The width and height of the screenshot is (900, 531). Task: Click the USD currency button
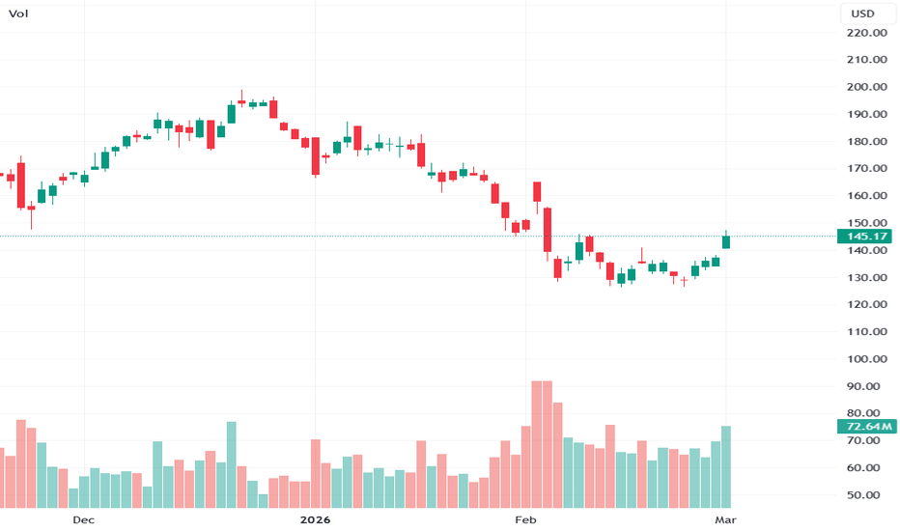pos(861,14)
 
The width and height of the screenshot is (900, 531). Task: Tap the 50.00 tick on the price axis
pos(868,495)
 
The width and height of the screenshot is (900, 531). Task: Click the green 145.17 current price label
pos(865,237)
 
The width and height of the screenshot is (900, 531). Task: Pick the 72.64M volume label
pos(867,426)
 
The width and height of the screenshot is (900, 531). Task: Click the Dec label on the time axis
pos(83,520)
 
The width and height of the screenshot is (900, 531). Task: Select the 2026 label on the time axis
pos(315,520)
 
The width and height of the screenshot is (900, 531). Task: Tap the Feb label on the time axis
pos(525,520)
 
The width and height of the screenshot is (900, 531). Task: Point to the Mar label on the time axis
pos(725,520)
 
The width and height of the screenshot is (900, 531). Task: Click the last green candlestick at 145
pos(726,241)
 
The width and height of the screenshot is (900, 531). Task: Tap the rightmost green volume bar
pos(726,466)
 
